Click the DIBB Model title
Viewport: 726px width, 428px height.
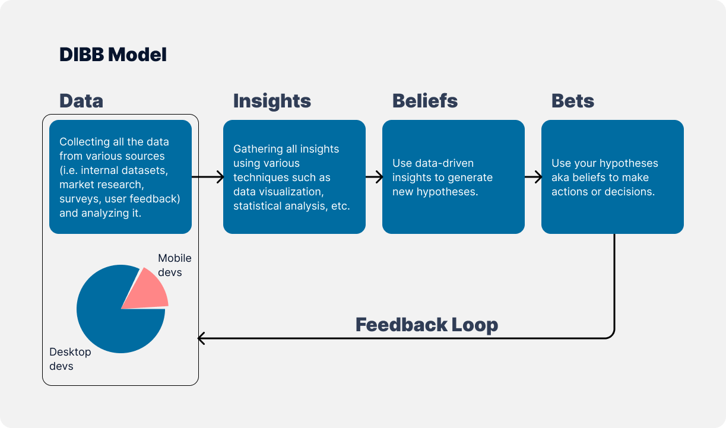point(113,55)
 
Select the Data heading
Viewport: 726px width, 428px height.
point(81,100)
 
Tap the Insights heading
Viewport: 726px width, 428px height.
point(272,100)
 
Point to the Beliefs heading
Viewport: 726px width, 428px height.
point(425,100)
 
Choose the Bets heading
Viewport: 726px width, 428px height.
point(573,100)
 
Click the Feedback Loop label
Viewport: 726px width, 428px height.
point(426,325)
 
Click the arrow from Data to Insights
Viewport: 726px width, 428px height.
point(207,177)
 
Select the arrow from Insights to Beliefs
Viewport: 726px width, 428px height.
point(374,177)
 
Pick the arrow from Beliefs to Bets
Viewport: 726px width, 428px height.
point(533,177)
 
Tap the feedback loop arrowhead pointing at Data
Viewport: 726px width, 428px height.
point(201,338)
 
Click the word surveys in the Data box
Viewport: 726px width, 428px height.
point(78,199)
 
